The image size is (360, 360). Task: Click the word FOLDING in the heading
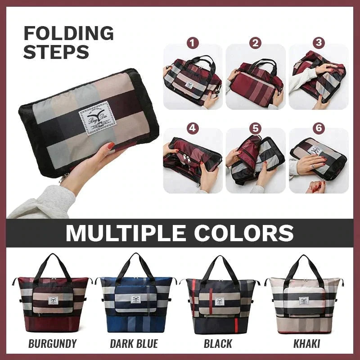click(68, 34)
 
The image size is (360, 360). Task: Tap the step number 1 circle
click(193, 43)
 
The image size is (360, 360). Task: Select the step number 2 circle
click(256, 43)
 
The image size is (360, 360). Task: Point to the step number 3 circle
click(319, 43)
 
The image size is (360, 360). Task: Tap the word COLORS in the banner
click(246, 233)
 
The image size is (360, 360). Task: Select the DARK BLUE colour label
click(134, 344)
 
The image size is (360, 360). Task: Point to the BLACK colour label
click(218, 344)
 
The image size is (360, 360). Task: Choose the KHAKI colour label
click(307, 344)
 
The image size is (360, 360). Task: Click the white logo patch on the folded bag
click(94, 118)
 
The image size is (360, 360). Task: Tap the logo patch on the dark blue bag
click(135, 299)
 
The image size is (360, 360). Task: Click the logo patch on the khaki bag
click(305, 301)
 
